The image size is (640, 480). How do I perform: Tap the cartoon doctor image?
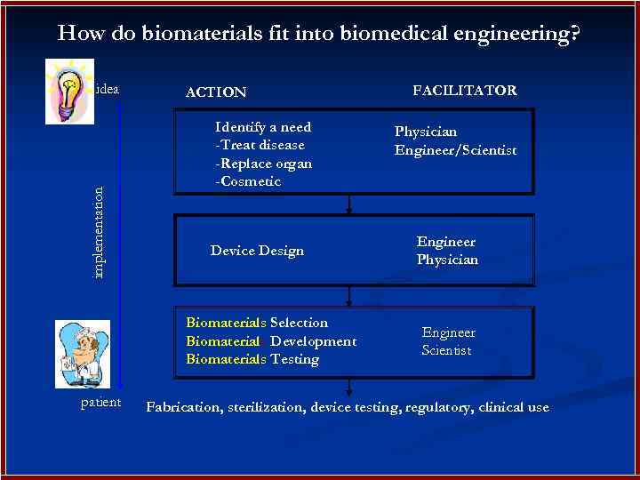82,354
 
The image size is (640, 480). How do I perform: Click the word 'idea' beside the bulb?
108,89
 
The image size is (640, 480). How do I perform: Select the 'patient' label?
100,404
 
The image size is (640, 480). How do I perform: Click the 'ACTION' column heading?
215,92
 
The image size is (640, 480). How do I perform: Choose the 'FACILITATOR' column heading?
465,91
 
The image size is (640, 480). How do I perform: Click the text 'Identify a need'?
263,127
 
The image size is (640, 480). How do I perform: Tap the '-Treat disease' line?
260,145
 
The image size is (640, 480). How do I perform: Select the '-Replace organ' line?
263,164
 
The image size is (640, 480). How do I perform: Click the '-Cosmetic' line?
248,181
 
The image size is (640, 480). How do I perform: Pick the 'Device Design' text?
257,251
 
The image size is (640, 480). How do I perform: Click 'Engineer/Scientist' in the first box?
455,150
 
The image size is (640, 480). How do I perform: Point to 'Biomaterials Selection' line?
257,323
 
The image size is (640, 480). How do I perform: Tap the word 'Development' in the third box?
313,341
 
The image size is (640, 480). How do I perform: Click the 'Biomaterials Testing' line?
252,359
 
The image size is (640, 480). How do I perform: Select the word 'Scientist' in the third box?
446,350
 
